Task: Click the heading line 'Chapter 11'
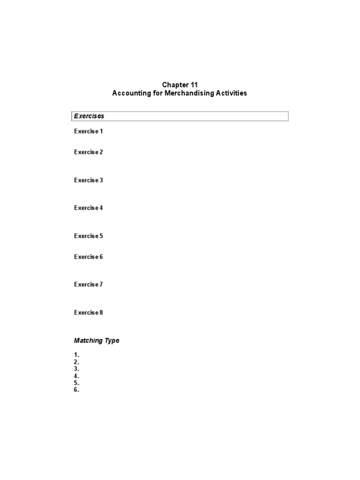[x=180, y=85]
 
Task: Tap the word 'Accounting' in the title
[x=129, y=93]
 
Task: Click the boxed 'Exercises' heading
[x=88, y=116]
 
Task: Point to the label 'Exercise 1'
[x=88, y=131]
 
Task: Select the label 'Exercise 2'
[x=88, y=152]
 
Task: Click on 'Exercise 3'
[x=88, y=180]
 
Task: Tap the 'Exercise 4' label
[x=88, y=208]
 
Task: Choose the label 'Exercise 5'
[x=88, y=236]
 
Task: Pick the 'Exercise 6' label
[x=88, y=256]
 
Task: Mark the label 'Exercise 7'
[x=88, y=285]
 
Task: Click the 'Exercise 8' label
[x=88, y=312]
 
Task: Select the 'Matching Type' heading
[x=97, y=340]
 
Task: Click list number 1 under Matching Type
[x=76, y=355]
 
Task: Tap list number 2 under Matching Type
[x=76, y=362]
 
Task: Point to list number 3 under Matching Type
[x=76, y=369]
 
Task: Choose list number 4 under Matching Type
[x=76, y=376]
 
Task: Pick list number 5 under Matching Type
[x=76, y=382]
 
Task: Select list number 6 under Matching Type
[x=76, y=390]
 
